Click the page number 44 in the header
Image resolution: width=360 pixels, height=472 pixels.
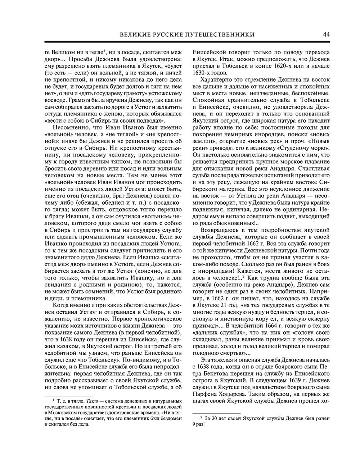[x=327, y=35]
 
